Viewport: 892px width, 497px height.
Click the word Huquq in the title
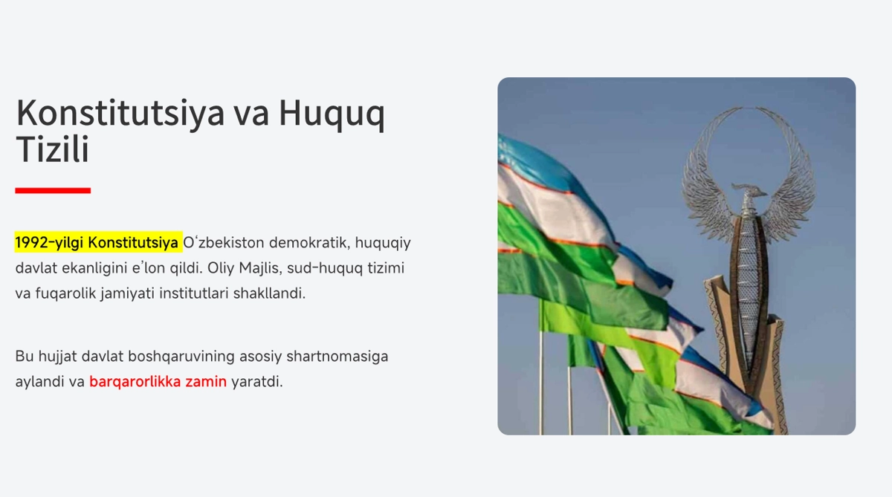click(x=332, y=114)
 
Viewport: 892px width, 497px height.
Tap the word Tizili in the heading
click(x=52, y=149)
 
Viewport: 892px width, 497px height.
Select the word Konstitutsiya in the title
click(x=120, y=114)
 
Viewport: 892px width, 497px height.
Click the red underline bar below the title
click(x=53, y=191)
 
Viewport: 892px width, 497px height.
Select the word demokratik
click(x=309, y=242)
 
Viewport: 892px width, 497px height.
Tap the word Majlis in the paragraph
click(x=260, y=267)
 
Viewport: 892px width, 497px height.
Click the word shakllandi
click(x=269, y=293)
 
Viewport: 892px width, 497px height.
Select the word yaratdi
click(x=257, y=382)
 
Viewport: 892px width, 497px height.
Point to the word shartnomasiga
click(x=337, y=357)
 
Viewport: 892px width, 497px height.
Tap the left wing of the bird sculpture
click(x=708, y=175)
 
